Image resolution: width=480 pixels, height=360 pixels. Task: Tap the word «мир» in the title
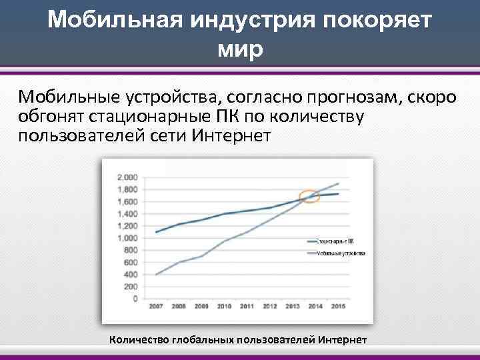click(240, 49)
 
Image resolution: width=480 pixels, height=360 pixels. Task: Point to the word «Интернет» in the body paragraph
click(231, 137)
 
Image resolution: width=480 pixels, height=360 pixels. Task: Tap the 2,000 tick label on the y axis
click(127, 177)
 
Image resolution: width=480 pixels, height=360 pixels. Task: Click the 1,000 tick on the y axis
click(127, 238)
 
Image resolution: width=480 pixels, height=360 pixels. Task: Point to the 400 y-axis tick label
click(130, 275)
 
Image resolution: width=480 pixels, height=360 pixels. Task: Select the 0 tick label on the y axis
click(135, 299)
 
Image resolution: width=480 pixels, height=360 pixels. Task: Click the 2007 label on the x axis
click(155, 307)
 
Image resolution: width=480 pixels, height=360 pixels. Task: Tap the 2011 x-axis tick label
click(247, 307)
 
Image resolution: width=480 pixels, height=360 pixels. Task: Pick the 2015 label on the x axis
click(339, 307)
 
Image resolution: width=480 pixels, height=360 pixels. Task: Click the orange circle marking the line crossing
click(309, 197)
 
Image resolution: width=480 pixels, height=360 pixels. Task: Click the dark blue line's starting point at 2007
click(155, 232)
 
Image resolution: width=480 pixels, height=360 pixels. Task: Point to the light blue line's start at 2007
click(155, 275)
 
